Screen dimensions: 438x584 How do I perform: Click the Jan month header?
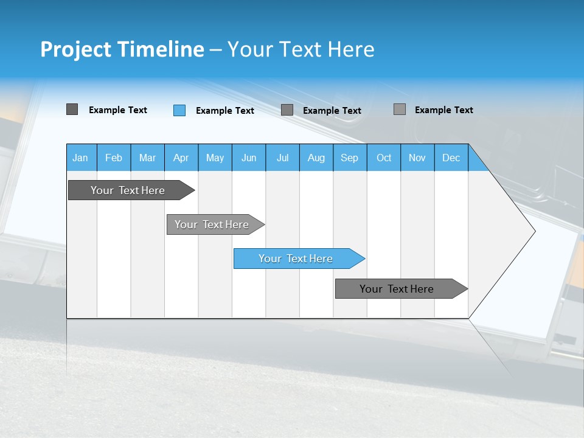pos(81,158)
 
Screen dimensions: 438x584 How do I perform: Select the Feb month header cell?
pos(114,158)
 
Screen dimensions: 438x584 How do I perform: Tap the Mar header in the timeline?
pos(147,158)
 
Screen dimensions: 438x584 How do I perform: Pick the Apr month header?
pos(181,158)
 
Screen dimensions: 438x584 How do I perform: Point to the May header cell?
pos(215,158)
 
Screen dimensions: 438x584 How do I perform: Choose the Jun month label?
pos(249,158)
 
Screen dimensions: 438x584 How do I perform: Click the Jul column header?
pos(282,158)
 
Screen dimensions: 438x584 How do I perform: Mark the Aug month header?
pos(316,158)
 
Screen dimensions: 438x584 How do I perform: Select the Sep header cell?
pos(350,158)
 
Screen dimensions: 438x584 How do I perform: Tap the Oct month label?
pos(384,158)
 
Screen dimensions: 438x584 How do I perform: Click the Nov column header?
pos(417,158)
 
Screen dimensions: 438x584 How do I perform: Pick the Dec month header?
pos(451,158)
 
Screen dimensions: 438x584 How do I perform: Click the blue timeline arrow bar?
pos(296,259)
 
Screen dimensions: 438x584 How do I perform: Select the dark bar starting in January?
pos(128,190)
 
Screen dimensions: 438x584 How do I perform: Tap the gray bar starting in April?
pos(212,224)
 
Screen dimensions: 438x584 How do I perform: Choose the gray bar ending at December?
pos(397,289)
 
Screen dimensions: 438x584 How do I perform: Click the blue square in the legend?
pos(179,110)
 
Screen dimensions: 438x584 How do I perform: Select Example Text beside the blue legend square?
pos(225,111)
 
